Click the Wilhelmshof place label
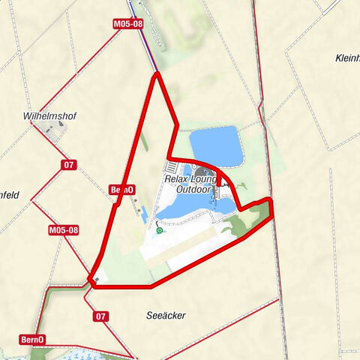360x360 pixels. point(50,116)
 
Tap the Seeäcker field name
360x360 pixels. point(166,315)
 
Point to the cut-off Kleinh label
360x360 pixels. point(347,58)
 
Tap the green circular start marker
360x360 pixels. point(159,231)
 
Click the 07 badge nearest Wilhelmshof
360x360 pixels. point(69,164)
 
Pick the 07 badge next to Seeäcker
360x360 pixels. point(101,316)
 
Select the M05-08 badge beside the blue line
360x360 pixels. point(127,24)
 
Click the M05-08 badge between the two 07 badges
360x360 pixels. point(64,230)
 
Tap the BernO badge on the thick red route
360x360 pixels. point(121,190)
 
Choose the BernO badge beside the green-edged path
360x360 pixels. point(31,340)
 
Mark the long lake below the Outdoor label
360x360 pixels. point(187,211)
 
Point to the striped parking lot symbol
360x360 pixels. point(173,166)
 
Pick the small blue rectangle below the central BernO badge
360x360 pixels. point(136,208)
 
